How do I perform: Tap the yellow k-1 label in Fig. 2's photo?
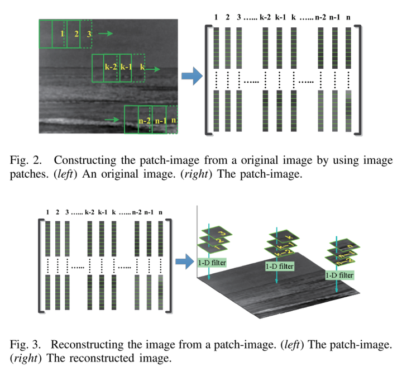coord(126,67)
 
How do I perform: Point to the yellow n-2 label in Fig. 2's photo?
coord(145,120)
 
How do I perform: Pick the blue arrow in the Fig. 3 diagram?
coord(184,260)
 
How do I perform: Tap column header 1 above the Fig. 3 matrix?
coord(48,212)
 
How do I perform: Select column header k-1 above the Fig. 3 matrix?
coord(103,212)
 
